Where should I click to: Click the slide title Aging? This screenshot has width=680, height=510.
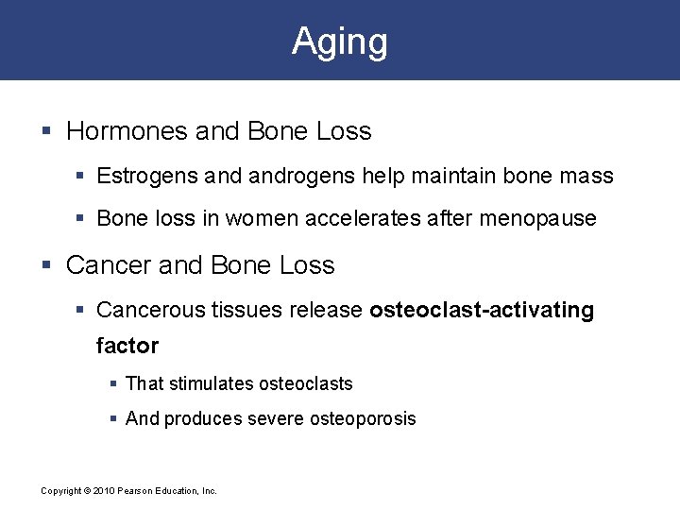click(340, 42)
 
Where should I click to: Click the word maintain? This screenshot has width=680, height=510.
click(423, 176)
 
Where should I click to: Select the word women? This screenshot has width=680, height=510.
click(262, 218)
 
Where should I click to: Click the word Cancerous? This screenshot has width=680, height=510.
click(143, 310)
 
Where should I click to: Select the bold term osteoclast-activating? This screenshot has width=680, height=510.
click(482, 310)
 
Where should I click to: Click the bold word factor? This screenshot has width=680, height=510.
click(127, 346)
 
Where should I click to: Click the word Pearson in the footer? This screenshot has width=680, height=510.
click(134, 491)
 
